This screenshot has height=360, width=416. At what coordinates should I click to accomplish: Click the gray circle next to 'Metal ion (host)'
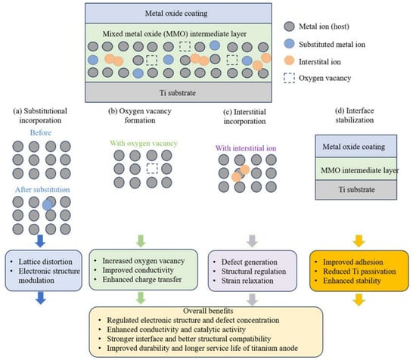[x=289, y=26]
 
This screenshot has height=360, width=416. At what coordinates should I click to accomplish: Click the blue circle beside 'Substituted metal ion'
[x=289, y=44]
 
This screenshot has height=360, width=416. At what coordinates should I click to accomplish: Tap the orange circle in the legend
[x=289, y=61]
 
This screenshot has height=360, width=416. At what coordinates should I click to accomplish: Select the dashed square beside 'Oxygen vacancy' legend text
[x=289, y=78]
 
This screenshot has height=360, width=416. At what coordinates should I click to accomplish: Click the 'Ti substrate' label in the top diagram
[x=178, y=93]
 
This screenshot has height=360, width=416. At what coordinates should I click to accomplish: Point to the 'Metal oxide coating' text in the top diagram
[x=176, y=14]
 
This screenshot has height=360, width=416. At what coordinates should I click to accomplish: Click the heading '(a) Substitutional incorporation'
[x=40, y=116]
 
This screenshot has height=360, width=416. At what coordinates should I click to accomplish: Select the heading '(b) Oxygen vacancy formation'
[x=140, y=116]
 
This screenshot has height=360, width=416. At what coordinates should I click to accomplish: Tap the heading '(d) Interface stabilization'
[x=355, y=116]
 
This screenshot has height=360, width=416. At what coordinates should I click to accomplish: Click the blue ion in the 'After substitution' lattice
[x=47, y=205]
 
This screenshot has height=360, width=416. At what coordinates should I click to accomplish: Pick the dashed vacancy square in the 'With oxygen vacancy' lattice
[x=152, y=169]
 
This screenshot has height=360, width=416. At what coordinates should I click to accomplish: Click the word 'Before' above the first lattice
[x=41, y=132]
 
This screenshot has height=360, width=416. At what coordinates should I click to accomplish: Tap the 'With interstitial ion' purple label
[x=246, y=148]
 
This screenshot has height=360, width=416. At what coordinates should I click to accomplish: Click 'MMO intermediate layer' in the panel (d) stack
[x=360, y=170]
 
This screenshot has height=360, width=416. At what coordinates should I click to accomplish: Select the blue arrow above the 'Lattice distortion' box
[x=40, y=241]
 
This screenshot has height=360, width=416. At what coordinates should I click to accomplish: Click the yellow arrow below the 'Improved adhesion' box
[x=359, y=299]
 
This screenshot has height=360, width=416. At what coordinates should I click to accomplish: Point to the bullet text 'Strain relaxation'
[x=247, y=281]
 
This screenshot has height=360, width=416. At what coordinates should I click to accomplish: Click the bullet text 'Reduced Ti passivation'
[x=359, y=272]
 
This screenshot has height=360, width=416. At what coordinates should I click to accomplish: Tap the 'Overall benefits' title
[x=208, y=311]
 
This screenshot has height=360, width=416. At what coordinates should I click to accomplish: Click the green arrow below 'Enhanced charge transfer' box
[x=141, y=298]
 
